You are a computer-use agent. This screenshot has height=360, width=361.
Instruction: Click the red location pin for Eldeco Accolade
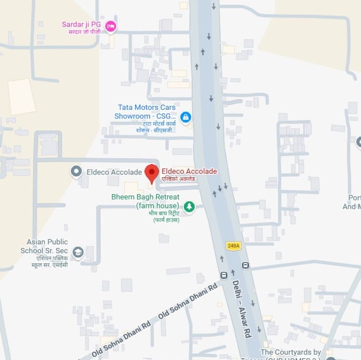click(152, 172)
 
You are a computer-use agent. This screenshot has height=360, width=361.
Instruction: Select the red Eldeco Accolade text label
click(189, 171)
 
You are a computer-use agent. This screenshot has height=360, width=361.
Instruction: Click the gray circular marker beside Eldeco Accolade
click(77, 171)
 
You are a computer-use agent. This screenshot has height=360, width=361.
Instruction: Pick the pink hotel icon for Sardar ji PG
click(110, 27)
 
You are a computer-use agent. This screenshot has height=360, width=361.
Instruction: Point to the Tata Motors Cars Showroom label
click(146, 112)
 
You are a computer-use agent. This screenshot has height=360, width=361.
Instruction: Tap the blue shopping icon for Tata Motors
click(186, 117)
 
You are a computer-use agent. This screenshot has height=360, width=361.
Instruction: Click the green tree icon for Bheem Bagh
click(189, 207)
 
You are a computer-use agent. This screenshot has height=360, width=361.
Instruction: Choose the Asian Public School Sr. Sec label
click(47, 246)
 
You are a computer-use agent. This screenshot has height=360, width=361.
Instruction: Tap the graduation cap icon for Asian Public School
click(78, 252)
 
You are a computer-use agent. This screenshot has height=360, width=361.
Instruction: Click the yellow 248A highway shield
click(233, 246)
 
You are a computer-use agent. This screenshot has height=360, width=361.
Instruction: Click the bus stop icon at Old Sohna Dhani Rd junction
click(224, 275)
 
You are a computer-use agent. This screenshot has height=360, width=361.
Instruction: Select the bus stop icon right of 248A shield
click(245, 266)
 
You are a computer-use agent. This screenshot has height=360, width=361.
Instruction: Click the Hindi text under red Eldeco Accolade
click(178, 179)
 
